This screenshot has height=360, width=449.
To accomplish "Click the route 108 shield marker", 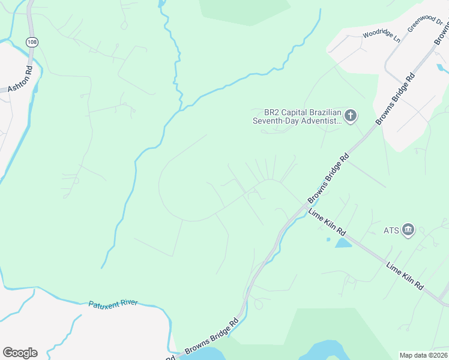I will [x=31, y=41].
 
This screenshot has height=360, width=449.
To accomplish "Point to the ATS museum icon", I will [x=408, y=230].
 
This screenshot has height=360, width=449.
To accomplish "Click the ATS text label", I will [x=391, y=230].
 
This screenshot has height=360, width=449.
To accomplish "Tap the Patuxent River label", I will [x=113, y=304].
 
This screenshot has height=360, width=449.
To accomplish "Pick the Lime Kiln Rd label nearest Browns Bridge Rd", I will [x=328, y=222].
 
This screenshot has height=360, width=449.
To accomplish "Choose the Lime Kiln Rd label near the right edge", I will [x=405, y=277].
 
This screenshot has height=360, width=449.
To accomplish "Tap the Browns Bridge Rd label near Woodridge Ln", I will [x=395, y=100].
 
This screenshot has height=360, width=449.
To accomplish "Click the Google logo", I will [x=20, y=353].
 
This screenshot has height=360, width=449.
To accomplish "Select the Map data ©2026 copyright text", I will [x=423, y=355].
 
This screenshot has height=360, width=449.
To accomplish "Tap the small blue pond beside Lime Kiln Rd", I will [x=343, y=243].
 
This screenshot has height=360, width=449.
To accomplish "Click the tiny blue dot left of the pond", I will [x=328, y=240].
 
